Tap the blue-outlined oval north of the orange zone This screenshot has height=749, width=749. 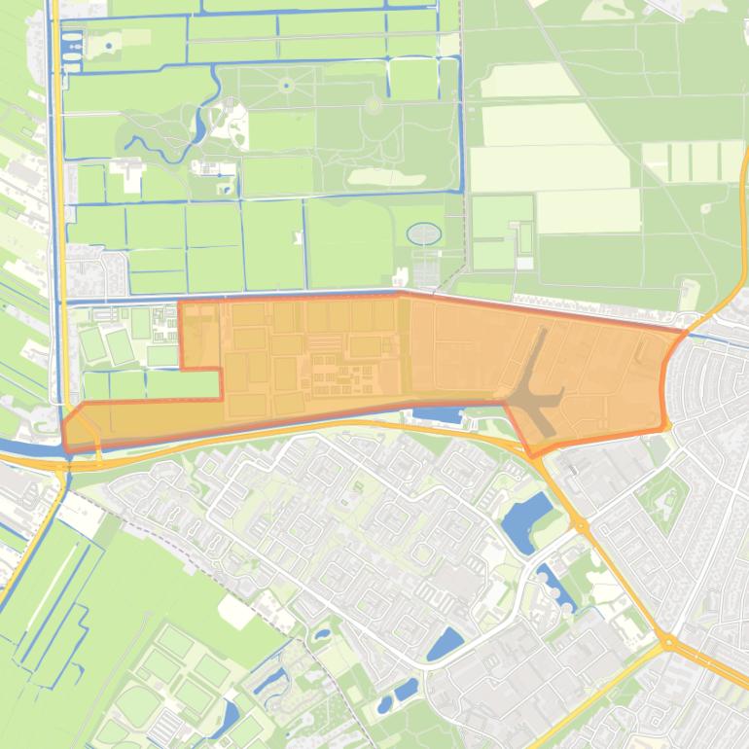423,233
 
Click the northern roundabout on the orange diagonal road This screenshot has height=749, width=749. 581,525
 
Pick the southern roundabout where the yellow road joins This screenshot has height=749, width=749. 667,641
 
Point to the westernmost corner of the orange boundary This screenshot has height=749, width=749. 64,426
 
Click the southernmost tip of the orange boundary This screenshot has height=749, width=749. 532,455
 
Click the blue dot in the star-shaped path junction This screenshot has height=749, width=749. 286,86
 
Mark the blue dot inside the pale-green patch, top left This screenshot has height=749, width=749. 108,45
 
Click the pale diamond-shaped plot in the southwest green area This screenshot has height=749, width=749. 236,611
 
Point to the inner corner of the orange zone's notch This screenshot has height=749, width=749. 221,371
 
